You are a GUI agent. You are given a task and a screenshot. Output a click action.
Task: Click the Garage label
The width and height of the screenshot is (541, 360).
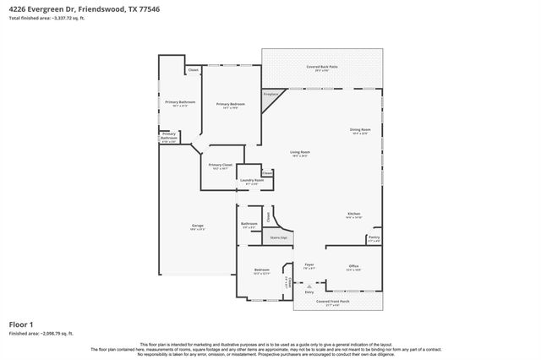coord(197,226)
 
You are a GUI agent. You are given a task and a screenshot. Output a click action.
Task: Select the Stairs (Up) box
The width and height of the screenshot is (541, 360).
coord(279,238)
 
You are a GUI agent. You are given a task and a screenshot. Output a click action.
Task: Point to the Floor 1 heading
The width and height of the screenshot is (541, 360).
coord(21,324)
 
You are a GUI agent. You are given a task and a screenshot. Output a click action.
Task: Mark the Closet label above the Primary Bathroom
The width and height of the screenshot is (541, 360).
coord(193,70)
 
